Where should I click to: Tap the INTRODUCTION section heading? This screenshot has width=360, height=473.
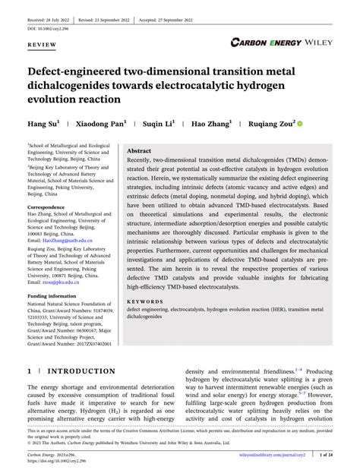pyautogui.click(x=78, y=372)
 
